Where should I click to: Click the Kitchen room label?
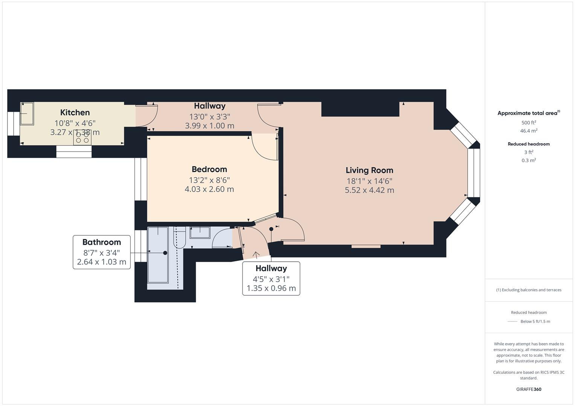75,112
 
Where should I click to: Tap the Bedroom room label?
209,170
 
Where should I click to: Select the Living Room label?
369,170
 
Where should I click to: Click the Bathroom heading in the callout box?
102,242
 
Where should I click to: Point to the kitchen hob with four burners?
82,137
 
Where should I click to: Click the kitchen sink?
27,114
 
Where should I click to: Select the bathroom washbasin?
200,232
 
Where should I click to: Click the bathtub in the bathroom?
158,255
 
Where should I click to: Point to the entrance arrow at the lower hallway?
256,254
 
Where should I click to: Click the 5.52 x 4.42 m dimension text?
369,190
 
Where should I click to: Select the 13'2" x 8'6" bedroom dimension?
209,180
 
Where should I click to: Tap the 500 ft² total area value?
529,123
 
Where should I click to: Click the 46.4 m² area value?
529,131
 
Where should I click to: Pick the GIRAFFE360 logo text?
529,389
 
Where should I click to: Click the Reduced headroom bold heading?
529,144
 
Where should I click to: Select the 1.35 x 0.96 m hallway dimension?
271,288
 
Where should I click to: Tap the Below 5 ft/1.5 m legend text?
535,321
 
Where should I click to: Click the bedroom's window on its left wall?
141,179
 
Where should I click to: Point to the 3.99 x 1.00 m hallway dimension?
210,126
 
